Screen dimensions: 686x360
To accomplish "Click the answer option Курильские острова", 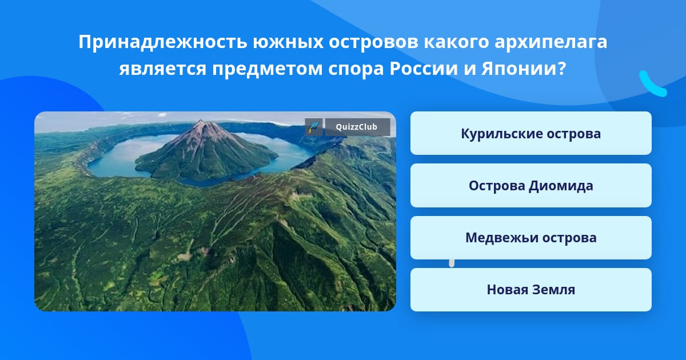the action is (x=531, y=133).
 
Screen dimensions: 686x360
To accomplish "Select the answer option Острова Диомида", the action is (x=531, y=186).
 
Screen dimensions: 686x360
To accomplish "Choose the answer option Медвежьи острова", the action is (x=531, y=238).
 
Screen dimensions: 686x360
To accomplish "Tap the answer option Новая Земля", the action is (x=531, y=290).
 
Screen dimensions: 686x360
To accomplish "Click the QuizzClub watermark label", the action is (x=357, y=127).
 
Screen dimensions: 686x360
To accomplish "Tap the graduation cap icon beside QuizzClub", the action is (x=314, y=127).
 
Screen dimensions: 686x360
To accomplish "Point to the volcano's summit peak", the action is (x=201, y=121).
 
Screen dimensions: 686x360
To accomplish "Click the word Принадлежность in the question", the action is (x=163, y=42).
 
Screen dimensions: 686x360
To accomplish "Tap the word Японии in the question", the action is (x=520, y=69).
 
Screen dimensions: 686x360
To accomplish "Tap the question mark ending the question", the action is (x=561, y=69).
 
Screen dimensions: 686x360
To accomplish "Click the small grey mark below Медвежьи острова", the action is (x=452, y=263).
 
